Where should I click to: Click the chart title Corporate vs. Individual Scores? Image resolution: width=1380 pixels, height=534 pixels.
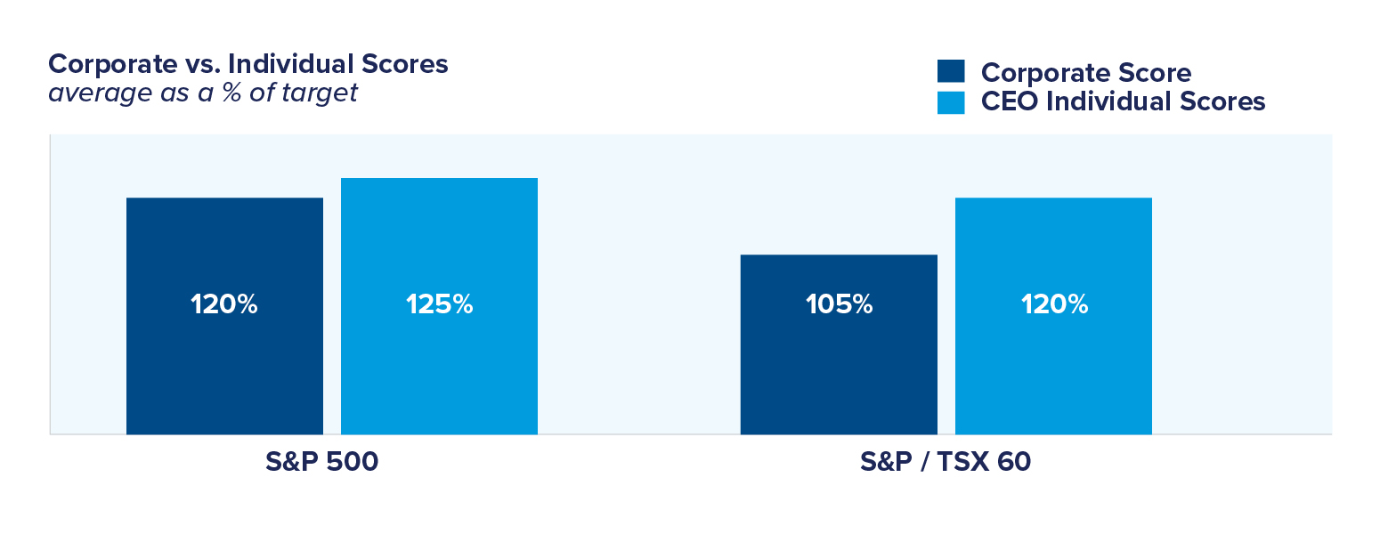tap(248, 64)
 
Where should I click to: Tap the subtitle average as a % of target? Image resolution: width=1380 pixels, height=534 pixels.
tap(203, 93)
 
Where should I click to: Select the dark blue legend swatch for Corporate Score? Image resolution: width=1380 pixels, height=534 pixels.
tap(951, 72)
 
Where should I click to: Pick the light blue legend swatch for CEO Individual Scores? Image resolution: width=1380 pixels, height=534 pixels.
tap(951, 101)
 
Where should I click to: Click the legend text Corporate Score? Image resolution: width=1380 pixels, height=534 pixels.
tap(1085, 72)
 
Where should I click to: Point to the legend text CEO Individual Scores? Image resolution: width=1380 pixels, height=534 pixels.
tap(1123, 101)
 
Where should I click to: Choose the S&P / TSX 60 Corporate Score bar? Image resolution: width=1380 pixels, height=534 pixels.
tap(839, 374)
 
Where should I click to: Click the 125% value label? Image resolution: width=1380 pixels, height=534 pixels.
tap(439, 304)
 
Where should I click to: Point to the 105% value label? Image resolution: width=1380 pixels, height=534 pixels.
tap(839, 304)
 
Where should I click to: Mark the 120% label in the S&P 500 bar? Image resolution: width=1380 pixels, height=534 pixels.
tap(224, 304)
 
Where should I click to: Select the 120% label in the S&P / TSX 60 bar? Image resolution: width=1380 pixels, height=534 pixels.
tap(1054, 304)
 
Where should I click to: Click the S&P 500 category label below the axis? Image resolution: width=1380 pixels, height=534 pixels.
tap(321, 463)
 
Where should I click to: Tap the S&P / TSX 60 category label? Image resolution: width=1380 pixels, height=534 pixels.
tap(945, 463)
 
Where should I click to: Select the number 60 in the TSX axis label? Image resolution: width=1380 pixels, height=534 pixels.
tap(1014, 463)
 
